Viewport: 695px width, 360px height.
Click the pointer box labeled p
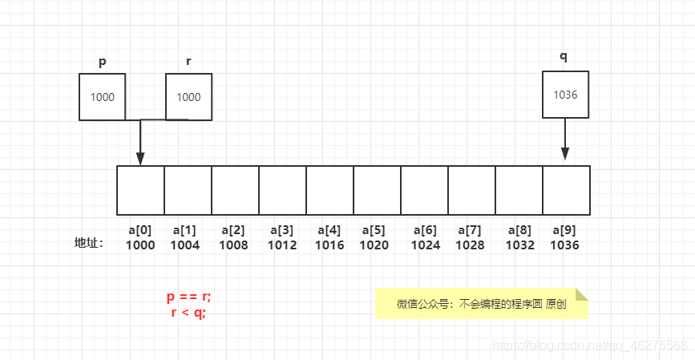pos(103,97)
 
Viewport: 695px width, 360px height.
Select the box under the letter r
pos(188,97)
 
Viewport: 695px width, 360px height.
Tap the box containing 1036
pos(565,95)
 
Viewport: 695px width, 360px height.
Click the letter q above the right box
pos(564,56)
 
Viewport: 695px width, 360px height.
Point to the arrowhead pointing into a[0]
pos(140,159)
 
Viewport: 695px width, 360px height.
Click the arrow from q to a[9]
pos(565,140)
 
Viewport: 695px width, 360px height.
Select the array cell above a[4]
pos(329,190)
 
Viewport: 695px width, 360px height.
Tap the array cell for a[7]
pos(471,190)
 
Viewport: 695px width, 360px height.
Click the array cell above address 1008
pos(235,190)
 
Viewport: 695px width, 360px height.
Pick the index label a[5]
pos(374,230)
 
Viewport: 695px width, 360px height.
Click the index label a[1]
pos(185,230)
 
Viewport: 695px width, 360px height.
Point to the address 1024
pos(426,245)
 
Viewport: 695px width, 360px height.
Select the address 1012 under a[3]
pos(282,245)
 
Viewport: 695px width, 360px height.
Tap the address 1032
pos(520,245)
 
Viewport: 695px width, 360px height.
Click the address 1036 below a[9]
pos(564,245)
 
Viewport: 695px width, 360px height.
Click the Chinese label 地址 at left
pos(88,243)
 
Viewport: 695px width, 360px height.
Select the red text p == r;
pos(188,297)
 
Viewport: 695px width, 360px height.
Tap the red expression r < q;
pos(188,313)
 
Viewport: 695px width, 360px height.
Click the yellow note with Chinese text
pos(481,304)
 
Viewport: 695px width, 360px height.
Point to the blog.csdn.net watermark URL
pos(590,346)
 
